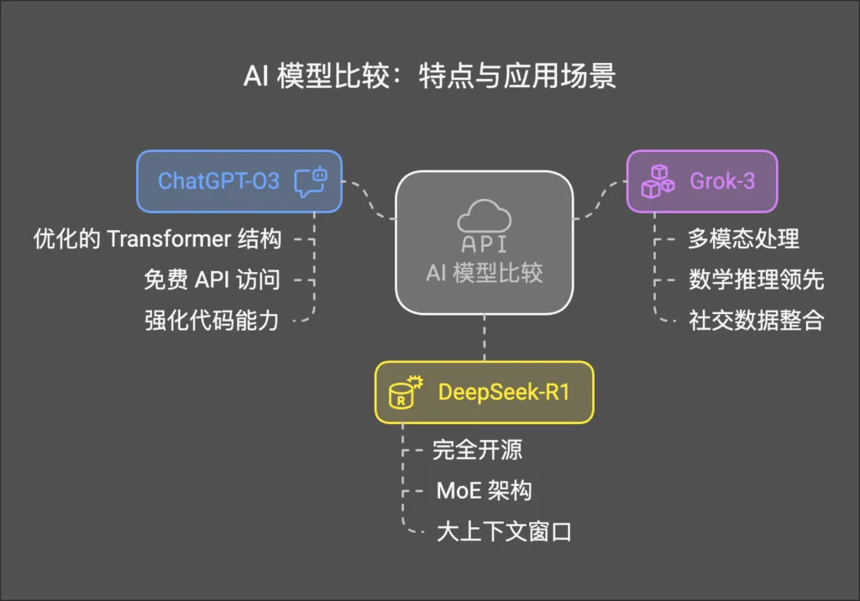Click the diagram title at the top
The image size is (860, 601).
(429, 76)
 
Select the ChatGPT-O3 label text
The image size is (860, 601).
(218, 180)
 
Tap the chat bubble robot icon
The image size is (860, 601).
(310, 180)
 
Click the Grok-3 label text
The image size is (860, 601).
(721, 180)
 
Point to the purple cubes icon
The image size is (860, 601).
(657, 180)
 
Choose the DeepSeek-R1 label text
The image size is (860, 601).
(504, 392)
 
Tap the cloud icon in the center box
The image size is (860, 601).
(484, 217)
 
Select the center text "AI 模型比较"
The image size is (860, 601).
(484, 273)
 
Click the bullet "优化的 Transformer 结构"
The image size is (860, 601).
(157, 239)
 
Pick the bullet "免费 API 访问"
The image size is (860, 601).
(212, 280)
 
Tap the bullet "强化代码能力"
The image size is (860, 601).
(212, 320)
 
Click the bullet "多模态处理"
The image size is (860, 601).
(743, 239)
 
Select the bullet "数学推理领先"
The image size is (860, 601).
(756, 280)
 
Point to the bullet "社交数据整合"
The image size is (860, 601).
(756, 320)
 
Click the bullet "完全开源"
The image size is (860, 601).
(477, 450)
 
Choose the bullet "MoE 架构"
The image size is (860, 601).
(484, 491)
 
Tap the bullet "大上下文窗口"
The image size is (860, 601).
(504, 532)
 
